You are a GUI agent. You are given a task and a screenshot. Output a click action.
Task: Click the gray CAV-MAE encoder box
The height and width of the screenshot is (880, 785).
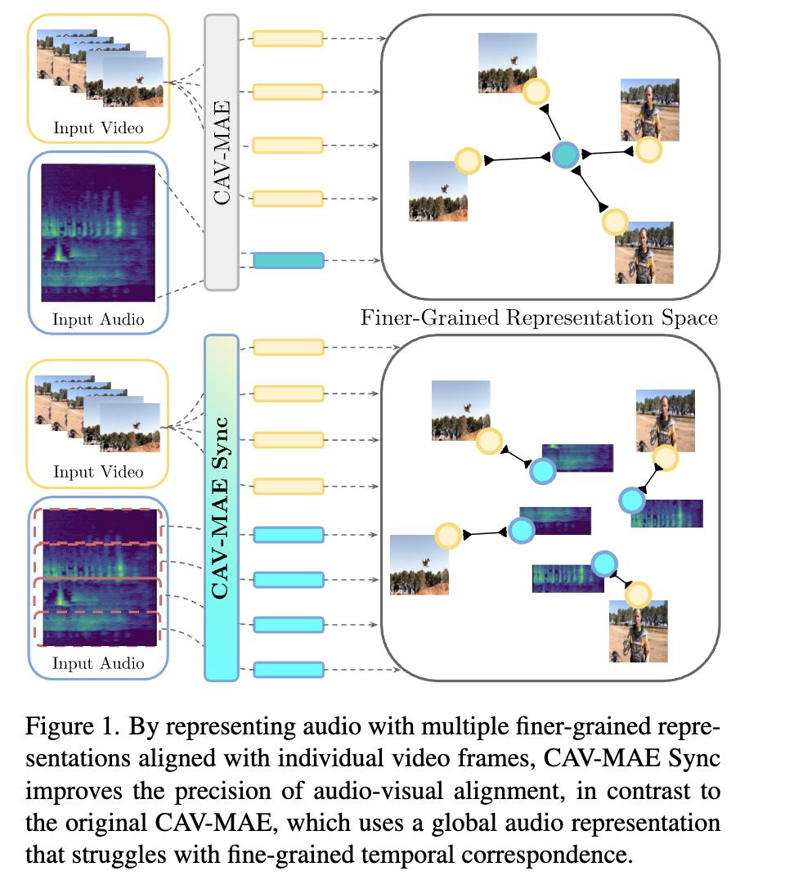pos(222,153)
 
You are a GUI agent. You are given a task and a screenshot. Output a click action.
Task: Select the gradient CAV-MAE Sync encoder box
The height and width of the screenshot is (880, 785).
pos(222,508)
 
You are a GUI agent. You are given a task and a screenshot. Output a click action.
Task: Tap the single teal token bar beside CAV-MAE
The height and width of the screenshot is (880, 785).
pos(289,260)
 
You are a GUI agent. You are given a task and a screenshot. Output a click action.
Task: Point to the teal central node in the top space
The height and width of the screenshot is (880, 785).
pos(565,155)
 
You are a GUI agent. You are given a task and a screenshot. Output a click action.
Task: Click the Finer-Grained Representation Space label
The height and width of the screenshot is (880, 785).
pos(539,317)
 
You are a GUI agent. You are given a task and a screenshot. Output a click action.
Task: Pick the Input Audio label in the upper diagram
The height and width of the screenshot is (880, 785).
pos(98,319)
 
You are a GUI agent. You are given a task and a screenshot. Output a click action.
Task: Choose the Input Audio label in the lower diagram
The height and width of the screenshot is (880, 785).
pos(98,663)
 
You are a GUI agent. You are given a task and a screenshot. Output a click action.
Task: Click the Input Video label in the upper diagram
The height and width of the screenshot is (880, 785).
pos(98,128)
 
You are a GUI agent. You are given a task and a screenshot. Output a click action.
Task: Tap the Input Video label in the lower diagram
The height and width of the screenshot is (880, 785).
pos(98,472)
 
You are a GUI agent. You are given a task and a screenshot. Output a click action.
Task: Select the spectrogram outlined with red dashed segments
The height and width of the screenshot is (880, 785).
pos(99,577)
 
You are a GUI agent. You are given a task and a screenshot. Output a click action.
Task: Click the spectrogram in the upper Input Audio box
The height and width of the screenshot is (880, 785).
pos(98,232)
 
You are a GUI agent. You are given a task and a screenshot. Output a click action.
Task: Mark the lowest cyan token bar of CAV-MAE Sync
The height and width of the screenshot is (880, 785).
pos(289,670)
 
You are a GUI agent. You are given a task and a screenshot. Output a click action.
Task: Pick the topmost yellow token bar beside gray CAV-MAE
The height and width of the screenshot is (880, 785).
pos(288,38)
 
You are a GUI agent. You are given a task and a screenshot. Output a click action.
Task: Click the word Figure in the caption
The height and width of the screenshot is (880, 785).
pos(59,727)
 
